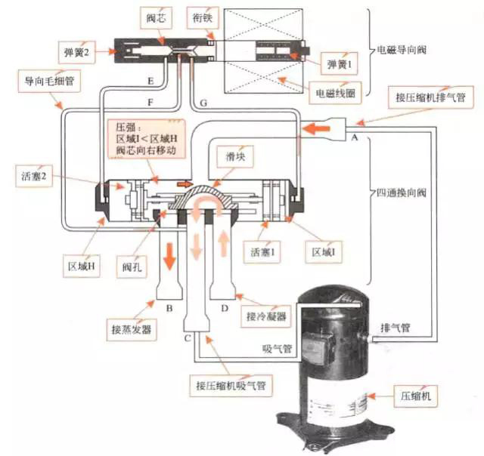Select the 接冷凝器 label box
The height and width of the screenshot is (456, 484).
(265, 317)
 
